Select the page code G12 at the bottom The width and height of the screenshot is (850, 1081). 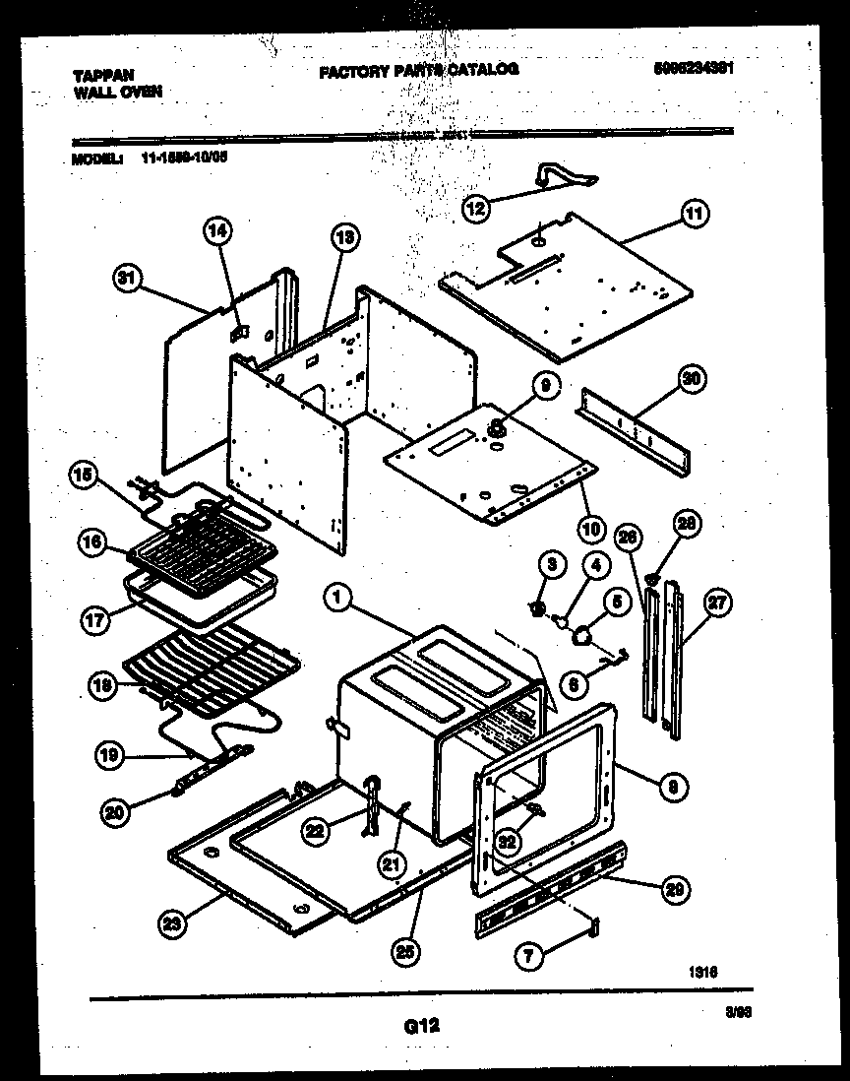[x=421, y=1026]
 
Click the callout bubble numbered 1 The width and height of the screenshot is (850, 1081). [x=336, y=596]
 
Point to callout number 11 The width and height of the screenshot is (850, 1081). [x=695, y=212]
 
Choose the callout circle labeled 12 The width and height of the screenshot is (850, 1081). [x=476, y=209]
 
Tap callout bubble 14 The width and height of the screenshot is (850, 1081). [x=218, y=232]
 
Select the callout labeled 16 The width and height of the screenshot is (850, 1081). [x=91, y=542]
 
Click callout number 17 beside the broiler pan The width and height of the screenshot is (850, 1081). [x=91, y=620]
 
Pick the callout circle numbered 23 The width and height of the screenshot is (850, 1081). [x=172, y=923]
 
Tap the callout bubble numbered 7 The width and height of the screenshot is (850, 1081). [x=530, y=953]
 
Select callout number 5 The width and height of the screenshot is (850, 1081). [x=617, y=600]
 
